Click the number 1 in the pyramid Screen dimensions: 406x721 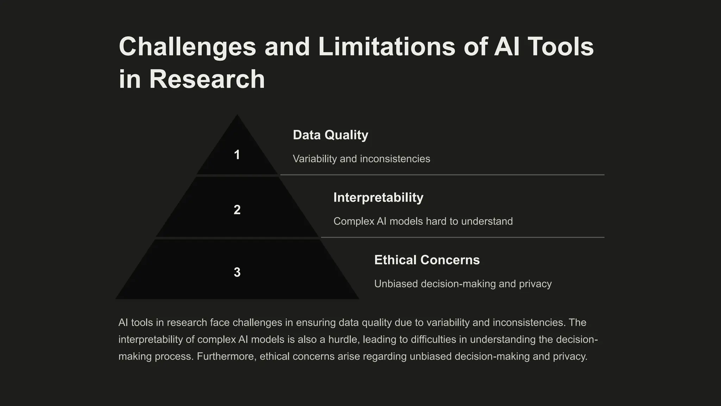pos(237,155)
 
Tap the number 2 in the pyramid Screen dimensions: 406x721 pos(237,210)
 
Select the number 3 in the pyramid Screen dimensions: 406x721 pos(237,272)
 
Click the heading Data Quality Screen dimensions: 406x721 pos(330,135)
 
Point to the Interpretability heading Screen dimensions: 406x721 pos(378,197)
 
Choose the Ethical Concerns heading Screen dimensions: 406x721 pos(427,260)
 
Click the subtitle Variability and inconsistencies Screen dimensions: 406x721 pos(361,159)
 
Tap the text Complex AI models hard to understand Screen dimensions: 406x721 pos(423,221)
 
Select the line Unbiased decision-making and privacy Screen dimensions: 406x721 pos(463,284)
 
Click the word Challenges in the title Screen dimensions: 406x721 pos(187,47)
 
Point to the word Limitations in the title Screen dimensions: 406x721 pos(387,47)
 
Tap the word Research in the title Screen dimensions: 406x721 pos(207,79)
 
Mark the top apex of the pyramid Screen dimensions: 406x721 pos(237,115)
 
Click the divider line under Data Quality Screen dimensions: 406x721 pos(442,174)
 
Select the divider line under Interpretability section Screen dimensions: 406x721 pos(462,237)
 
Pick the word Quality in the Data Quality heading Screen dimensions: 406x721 pos(346,135)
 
